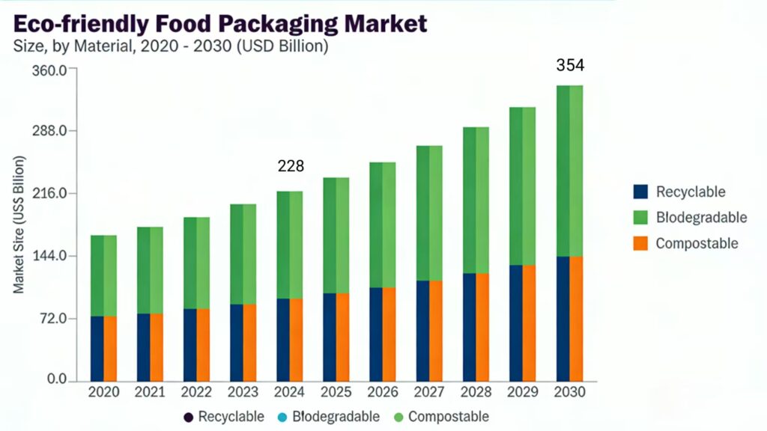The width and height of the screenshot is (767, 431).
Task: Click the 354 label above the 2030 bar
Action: (x=569, y=66)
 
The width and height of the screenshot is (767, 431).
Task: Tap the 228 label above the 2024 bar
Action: (x=291, y=165)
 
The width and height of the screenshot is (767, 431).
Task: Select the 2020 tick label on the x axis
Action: (x=103, y=392)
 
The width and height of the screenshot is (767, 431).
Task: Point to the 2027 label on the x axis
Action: (x=429, y=392)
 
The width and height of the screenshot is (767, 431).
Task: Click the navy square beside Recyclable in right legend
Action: (x=640, y=192)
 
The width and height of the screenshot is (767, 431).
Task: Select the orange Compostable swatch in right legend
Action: (x=640, y=243)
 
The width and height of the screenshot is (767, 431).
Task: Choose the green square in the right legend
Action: (x=640, y=218)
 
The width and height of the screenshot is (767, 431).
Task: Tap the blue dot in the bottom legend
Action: (x=281, y=416)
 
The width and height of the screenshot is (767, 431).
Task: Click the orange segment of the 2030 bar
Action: (x=576, y=318)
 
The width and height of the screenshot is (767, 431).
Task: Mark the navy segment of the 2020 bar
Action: (x=97, y=348)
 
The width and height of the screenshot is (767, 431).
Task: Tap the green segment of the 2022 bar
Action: (x=197, y=263)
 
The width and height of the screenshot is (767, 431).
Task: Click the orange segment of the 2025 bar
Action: (x=342, y=337)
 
